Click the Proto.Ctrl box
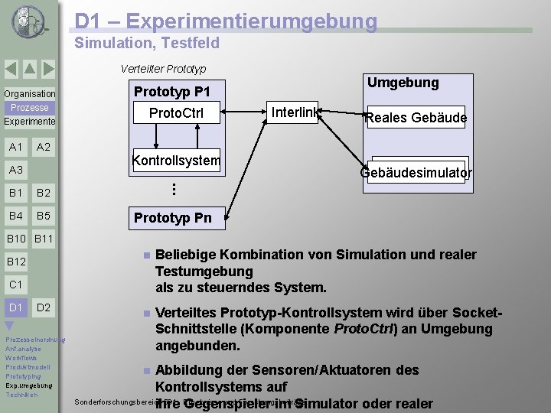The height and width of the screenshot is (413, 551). [x=176, y=113]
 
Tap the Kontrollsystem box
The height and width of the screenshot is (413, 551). [x=176, y=161]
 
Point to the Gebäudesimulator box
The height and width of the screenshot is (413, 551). [x=416, y=173]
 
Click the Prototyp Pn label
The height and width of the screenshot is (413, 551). [x=172, y=218]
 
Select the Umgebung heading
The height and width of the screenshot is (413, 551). [x=403, y=83]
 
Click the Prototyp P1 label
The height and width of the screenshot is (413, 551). [x=172, y=92]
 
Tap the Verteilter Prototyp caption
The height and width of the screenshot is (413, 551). [x=163, y=68]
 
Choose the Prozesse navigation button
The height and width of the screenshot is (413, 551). [x=29, y=108]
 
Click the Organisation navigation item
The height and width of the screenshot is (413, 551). [x=29, y=94]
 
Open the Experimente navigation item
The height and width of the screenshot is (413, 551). [x=29, y=122]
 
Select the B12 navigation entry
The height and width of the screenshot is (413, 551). [x=16, y=262]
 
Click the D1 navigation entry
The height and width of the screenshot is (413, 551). [x=15, y=307]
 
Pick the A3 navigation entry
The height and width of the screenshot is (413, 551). [x=15, y=170]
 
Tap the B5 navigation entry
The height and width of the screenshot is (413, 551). [x=44, y=216]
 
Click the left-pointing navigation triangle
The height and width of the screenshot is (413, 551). [x=11, y=70]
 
